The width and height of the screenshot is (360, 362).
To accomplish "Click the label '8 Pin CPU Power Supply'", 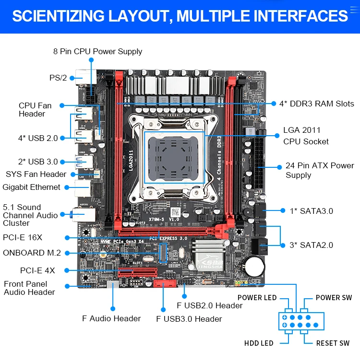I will [x=97, y=51].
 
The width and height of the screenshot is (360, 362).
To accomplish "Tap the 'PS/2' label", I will [x=58, y=78].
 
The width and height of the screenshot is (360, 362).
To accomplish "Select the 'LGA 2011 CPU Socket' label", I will [x=306, y=136].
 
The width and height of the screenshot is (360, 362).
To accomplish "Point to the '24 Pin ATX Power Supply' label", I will [x=320, y=170].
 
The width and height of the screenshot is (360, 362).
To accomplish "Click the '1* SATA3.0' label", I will [x=311, y=211].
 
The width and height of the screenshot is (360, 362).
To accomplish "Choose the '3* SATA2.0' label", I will [x=311, y=245].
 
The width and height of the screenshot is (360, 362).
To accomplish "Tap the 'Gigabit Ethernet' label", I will [x=32, y=187].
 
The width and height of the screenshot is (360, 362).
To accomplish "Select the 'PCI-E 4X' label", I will [x=37, y=270].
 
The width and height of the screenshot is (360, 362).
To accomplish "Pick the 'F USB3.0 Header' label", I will [x=189, y=319].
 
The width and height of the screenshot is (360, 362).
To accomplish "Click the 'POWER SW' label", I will [x=334, y=298].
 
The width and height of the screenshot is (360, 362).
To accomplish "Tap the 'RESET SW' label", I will [x=333, y=343].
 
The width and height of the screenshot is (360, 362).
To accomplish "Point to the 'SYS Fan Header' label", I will [x=36, y=174].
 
